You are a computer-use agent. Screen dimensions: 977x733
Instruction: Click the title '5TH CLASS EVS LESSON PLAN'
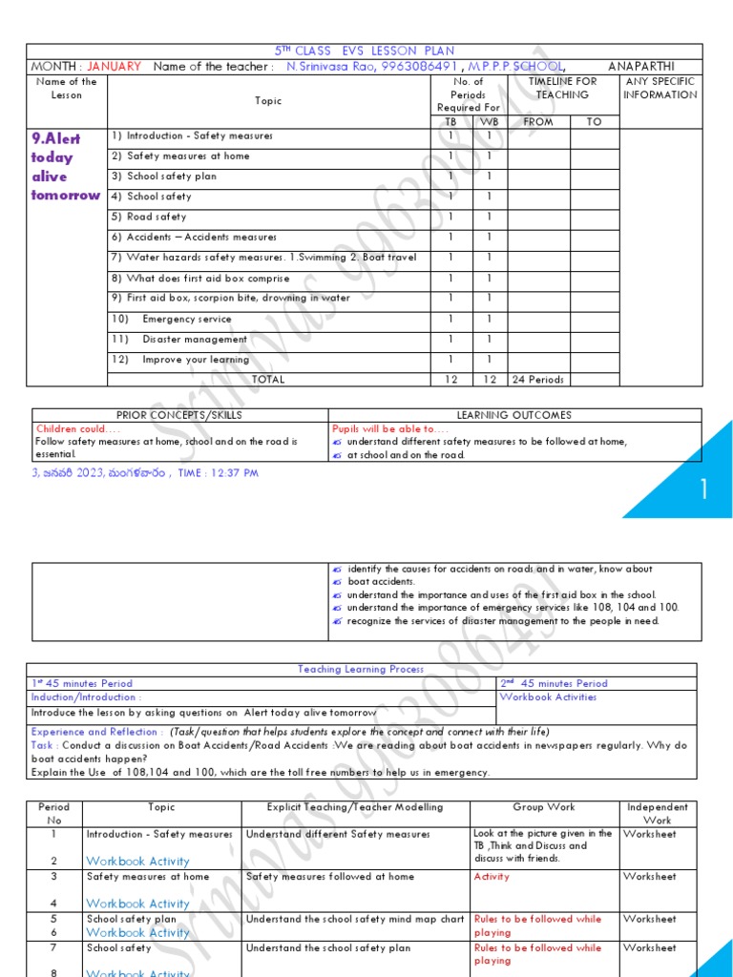365,51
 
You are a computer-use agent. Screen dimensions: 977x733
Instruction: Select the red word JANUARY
114,67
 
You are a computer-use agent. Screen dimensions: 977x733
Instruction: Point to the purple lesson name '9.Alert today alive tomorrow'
65,167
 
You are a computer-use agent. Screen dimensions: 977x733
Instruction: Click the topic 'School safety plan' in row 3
172,177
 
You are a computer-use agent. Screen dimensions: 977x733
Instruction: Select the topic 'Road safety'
157,217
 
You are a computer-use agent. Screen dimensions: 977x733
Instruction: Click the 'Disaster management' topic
195,339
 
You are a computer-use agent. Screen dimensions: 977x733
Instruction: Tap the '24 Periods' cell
538,379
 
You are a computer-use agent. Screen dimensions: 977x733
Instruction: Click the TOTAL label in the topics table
268,379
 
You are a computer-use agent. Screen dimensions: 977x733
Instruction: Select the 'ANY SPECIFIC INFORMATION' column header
660,88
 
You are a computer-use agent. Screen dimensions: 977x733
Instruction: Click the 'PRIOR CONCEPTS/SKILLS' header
178,415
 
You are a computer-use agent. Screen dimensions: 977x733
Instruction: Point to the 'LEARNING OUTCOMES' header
513,415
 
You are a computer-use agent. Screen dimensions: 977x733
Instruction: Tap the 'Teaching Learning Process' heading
361,670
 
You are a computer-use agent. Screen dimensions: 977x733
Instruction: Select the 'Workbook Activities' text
548,697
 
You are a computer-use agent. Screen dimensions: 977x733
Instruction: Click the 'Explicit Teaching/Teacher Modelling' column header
345,807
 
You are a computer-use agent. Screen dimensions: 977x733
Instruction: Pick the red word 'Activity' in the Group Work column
492,877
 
